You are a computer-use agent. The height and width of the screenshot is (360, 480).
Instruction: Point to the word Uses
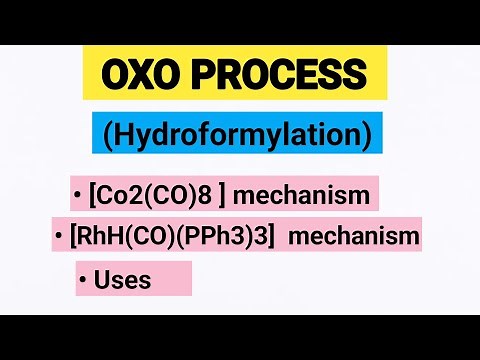pos(123,280)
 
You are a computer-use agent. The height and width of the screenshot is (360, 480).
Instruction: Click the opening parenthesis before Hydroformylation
pos(107,134)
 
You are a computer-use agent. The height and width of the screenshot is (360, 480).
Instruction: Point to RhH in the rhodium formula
pos(100,236)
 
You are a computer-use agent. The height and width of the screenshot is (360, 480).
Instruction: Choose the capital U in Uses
pos(102,280)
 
